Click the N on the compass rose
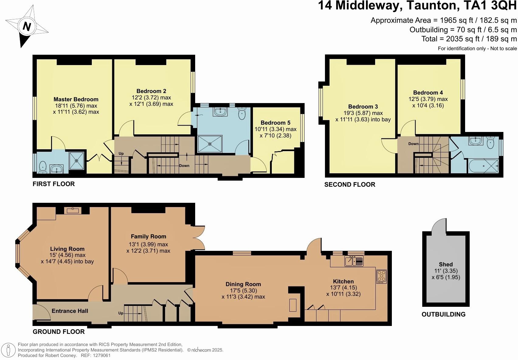(x=27, y=27)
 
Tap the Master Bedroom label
(x=76, y=99)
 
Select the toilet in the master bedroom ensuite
(x=43, y=167)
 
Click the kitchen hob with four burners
(x=381, y=276)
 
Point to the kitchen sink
(x=354, y=261)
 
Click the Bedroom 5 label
(x=275, y=123)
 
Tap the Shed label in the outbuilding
(x=446, y=264)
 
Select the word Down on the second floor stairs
(x=413, y=144)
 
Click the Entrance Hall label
(x=70, y=311)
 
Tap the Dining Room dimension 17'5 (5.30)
(x=243, y=290)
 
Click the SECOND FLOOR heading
(x=350, y=185)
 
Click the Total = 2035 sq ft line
(x=469, y=39)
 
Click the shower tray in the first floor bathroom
(x=210, y=144)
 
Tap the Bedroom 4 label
(x=428, y=92)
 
